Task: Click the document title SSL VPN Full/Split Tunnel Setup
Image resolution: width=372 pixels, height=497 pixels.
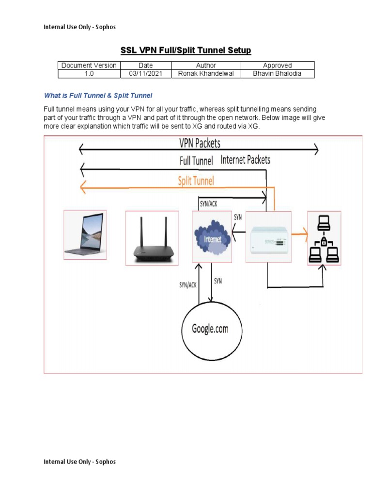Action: click(186, 50)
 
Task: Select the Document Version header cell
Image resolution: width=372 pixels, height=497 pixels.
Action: click(89, 66)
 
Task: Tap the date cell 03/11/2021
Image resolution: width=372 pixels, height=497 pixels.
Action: click(145, 74)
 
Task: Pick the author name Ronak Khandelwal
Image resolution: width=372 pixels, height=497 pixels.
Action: click(206, 74)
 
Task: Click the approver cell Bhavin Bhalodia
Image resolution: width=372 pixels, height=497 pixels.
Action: click(277, 74)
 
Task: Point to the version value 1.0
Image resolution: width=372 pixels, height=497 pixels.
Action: click(89, 74)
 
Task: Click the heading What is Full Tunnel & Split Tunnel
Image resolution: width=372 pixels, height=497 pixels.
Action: click(98, 96)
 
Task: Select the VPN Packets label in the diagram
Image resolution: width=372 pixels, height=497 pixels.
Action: click(200, 143)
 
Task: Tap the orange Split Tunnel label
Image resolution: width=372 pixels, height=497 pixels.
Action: click(196, 181)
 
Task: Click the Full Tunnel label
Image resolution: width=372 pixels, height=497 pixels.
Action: click(196, 161)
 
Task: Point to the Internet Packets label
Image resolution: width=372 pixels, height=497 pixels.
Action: click(245, 160)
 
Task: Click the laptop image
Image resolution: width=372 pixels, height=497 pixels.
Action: click(85, 235)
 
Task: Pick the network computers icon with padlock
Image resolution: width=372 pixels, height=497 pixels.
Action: click(324, 238)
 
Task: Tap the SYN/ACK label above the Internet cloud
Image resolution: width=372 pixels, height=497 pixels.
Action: click(208, 204)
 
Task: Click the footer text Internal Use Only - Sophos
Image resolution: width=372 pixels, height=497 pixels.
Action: click(80, 462)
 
